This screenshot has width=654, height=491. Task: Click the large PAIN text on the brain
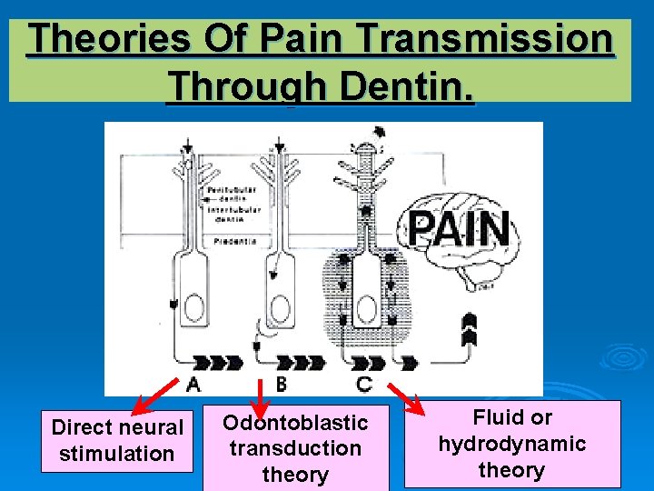(x=459, y=228)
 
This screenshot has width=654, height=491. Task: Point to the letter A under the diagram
(x=193, y=385)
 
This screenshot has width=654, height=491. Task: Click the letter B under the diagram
(x=281, y=385)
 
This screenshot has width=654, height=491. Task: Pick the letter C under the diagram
(x=363, y=385)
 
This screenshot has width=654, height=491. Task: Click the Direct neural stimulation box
(x=117, y=441)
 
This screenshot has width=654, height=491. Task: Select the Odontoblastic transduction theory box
(x=295, y=448)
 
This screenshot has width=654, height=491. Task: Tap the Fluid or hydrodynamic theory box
(x=511, y=444)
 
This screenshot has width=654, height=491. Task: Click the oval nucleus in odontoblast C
(x=367, y=310)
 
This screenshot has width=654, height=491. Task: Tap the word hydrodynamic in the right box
(x=511, y=444)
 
